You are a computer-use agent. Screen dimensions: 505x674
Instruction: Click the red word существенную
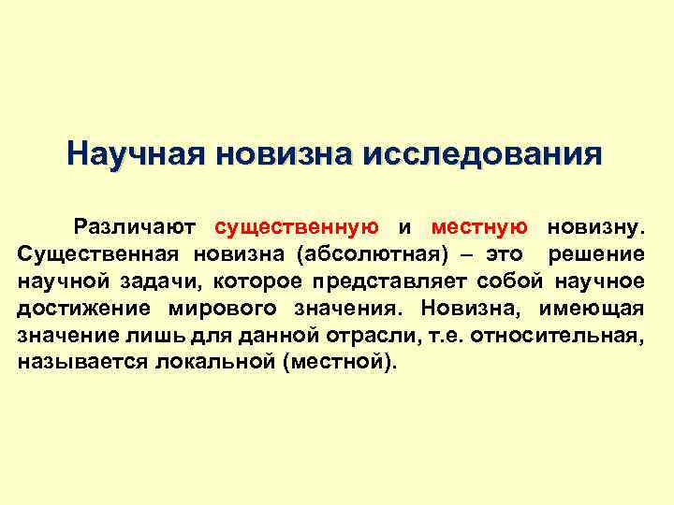(297, 226)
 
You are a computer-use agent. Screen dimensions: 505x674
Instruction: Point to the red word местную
(479, 226)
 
